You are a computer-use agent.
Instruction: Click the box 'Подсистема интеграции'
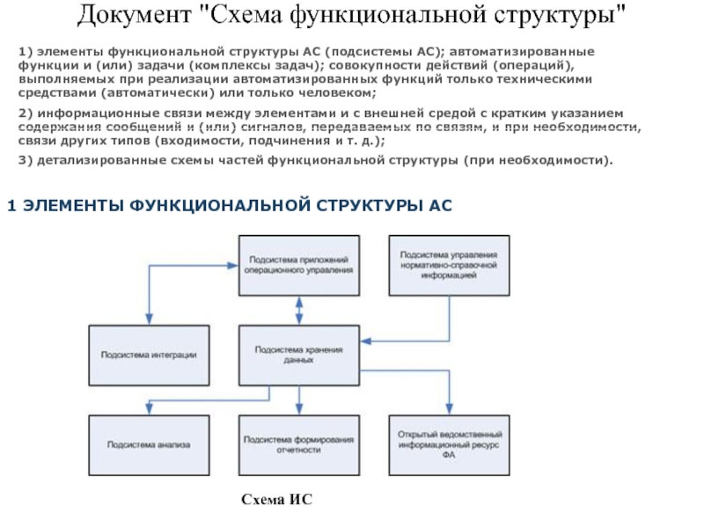pyautogui.click(x=149, y=355)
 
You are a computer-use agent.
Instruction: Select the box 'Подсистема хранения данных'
pyautogui.click(x=300, y=355)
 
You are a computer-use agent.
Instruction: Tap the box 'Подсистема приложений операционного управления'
pyautogui.click(x=300, y=265)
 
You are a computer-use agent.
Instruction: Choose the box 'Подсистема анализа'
pyautogui.click(x=149, y=444)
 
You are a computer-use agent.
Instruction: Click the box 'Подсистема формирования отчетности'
pyautogui.click(x=300, y=444)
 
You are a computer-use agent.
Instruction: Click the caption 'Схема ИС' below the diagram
pyautogui.click(x=277, y=500)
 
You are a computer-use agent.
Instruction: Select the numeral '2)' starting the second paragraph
pyautogui.click(x=26, y=114)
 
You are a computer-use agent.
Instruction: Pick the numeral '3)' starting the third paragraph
pyautogui.click(x=26, y=160)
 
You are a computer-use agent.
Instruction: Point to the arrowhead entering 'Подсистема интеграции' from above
pyautogui.click(x=149, y=319)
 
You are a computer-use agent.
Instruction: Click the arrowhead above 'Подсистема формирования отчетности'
pyautogui.click(x=300, y=409)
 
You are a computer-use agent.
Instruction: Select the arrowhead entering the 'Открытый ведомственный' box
pyautogui.click(x=450, y=409)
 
